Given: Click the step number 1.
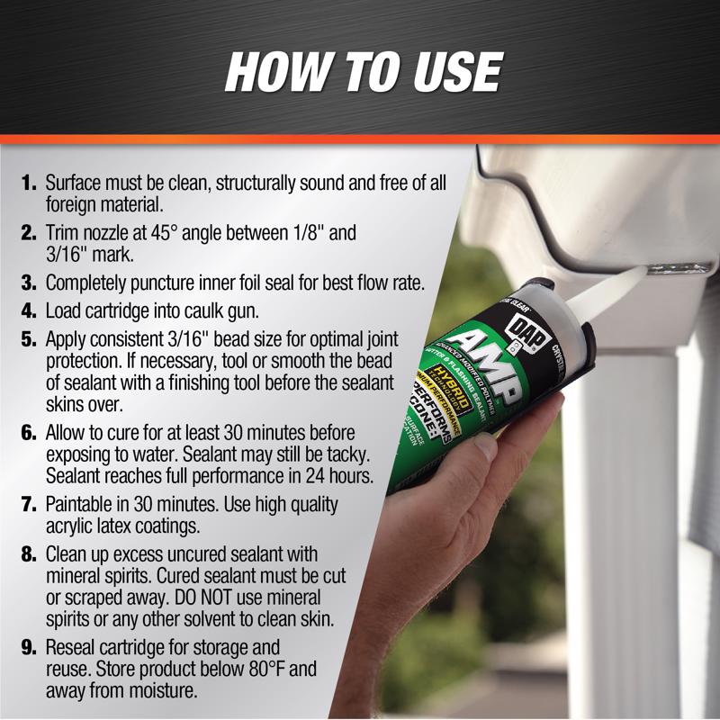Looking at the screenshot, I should pos(29,183).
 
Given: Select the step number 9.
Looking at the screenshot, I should pos(29,649).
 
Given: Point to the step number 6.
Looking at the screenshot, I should pos(29,435).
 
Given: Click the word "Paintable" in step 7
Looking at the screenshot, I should pos(83,505).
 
